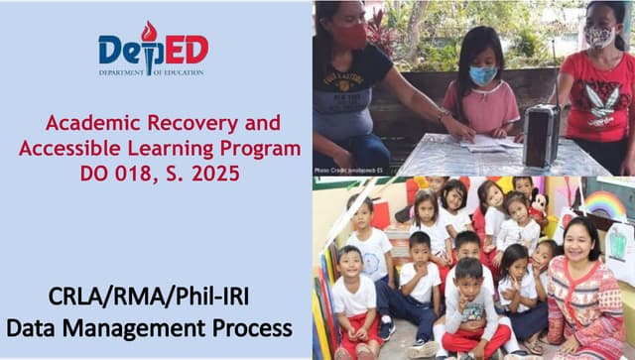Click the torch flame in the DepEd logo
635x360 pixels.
pyautogui.click(x=149, y=32)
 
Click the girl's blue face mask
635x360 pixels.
pyautogui.click(x=482, y=75)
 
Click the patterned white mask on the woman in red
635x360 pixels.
pyautogui.click(x=602, y=37)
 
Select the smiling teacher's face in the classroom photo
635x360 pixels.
pyautogui.click(x=577, y=238)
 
